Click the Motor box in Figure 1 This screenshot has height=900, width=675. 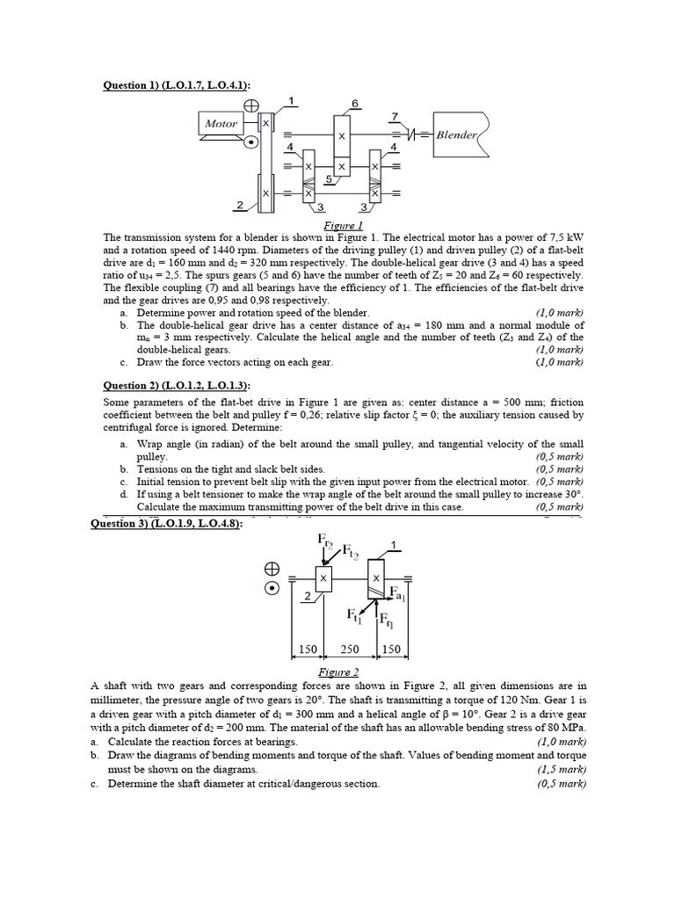pos(221,124)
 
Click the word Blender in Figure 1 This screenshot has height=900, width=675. pos(456,135)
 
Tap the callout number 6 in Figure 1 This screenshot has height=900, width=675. pos(355,104)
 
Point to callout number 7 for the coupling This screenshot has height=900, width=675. pos(395,116)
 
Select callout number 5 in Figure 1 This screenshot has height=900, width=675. pos(327,179)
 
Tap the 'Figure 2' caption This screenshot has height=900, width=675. pos(337,672)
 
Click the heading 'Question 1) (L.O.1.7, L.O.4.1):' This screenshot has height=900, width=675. pos(176,84)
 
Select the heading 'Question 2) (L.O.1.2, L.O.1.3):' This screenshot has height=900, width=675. pos(176,385)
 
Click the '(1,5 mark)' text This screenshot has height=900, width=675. pos(561,769)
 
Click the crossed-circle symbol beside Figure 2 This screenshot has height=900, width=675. pos(273,569)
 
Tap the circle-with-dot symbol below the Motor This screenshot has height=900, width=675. pos(251,141)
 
